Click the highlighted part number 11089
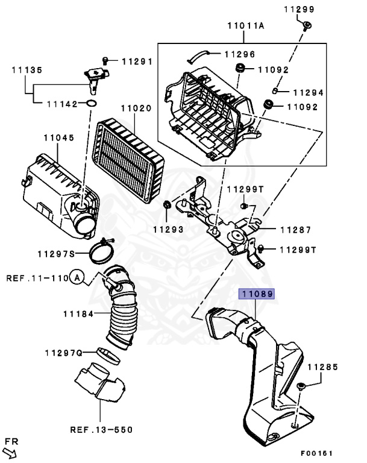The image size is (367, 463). [x=257, y=294]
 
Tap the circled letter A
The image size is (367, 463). [x=76, y=278]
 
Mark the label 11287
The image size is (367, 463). [x=295, y=230]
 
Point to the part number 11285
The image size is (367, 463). [x=323, y=366]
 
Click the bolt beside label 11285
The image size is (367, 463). [x=301, y=386]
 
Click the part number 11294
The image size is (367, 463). [x=309, y=93]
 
